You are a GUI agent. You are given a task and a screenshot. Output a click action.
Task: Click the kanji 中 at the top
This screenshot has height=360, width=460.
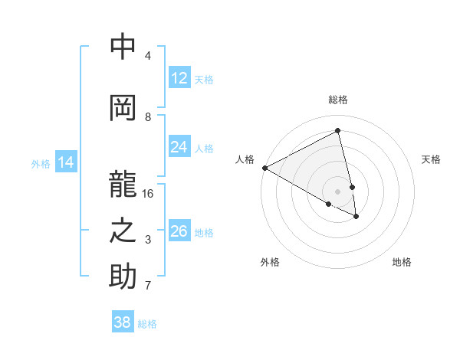(x=123, y=47)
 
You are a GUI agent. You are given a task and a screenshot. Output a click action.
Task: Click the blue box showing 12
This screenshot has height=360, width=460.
(x=179, y=79)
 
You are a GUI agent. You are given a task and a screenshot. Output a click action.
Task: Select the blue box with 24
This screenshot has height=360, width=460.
(x=179, y=148)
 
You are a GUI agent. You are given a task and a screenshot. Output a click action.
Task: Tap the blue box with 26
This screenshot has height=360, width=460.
(x=179, y=231)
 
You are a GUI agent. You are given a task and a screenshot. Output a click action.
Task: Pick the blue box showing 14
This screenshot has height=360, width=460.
(x=66, y=162)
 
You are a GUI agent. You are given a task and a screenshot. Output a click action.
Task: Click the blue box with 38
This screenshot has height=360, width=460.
(x=123, y=322)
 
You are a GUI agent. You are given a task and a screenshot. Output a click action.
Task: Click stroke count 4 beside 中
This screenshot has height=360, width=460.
(x=148, y=56)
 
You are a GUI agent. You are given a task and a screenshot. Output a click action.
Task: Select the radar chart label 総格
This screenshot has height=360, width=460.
(x=338, y=100)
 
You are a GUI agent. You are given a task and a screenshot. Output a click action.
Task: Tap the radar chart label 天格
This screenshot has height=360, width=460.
(x=431, y=159)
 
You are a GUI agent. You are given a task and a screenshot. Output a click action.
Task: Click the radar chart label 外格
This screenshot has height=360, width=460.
(x=270, y=262)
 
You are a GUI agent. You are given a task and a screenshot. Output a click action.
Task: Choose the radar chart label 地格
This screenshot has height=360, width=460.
(x=402, y=262)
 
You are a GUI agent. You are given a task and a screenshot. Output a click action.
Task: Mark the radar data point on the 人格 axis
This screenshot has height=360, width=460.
(x=264, y=168)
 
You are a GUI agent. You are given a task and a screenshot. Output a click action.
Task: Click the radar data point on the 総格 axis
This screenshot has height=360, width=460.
(x=338, y=132)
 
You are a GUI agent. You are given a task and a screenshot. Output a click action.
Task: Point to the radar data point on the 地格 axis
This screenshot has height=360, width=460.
(x=356, y=217)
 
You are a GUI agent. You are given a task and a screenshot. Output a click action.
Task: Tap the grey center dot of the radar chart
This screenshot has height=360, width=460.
(x=338, y=191)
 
